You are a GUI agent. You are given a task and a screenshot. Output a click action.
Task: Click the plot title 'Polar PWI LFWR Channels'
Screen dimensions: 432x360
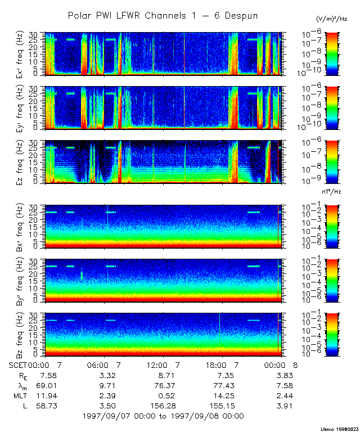point(163,16)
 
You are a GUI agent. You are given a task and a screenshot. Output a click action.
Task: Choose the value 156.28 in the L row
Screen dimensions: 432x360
point(160,405)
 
